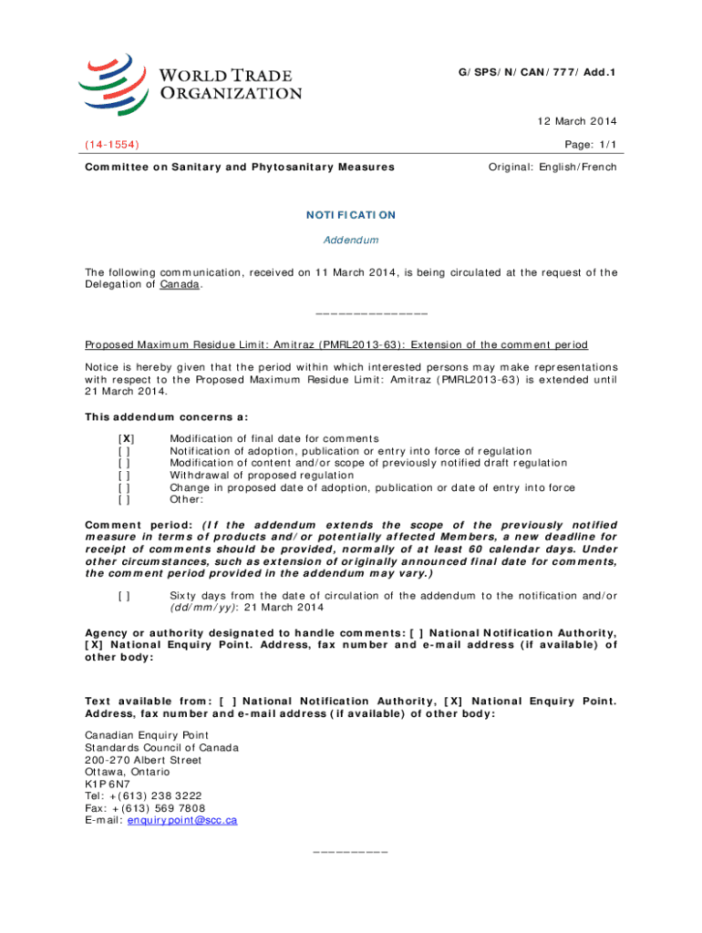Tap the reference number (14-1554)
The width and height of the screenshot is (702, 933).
point(112,144)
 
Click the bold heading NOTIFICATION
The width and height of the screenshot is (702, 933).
point(351,215)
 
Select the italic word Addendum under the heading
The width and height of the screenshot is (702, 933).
point(351,241)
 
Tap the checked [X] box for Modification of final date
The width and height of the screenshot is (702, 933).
point(126,439)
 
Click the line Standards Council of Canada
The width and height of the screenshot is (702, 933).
point(161,748)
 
